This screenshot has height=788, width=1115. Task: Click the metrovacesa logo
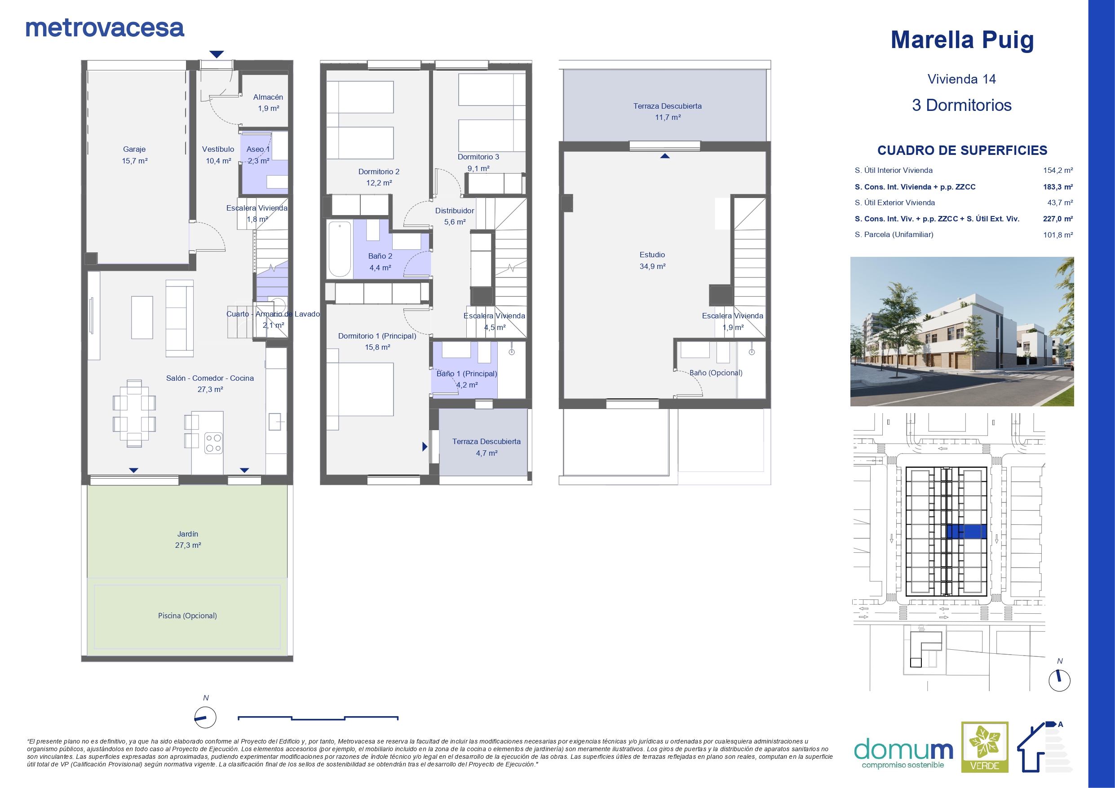tap(105, 28)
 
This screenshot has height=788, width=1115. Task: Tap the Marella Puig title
tap(962, 40)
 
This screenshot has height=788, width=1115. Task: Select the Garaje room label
tap(134, 150)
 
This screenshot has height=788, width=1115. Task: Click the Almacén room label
tap(268, 97)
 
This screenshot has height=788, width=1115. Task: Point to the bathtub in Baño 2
tap(340, 250)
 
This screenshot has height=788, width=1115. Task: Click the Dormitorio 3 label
tap(478, 157)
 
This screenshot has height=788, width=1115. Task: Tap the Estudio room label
tap(652, 255)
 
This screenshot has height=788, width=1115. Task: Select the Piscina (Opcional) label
tap(187, 616)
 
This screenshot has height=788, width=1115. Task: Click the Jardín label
tap(187, 534)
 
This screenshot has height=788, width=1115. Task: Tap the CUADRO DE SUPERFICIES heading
tap(962, 150)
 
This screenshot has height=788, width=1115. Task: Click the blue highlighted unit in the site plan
tap(966, 532)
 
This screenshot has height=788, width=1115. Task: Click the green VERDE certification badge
tap(985, 747)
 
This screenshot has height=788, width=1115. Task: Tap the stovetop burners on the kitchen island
tap(213, 443)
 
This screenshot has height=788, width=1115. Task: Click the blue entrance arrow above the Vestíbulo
tap(217, 54)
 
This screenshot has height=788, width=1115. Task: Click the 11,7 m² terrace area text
tap(668, 118)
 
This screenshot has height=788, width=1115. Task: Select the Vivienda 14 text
tap(961, 79)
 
